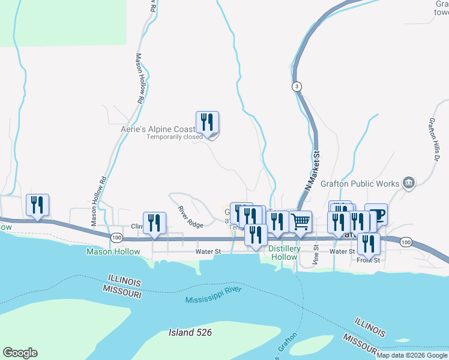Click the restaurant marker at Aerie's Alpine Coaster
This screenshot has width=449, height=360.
tap(207, 122)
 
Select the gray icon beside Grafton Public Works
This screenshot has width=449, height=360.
tap(409, 182)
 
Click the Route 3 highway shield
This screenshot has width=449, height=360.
tap(297, 87)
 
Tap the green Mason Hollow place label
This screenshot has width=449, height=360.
tap(113, 252)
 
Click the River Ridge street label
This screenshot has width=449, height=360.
tap(190, 217)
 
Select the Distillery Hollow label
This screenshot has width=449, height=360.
tap(284, 253)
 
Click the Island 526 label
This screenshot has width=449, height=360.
tap(190, 332)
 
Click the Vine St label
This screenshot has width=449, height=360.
tap(316, 256)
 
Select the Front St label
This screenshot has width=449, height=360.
tap(368, 260)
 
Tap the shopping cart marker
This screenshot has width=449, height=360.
tap(301, 221)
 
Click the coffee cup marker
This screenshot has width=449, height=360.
tap(376, 215)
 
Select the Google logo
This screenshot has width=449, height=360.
tap(20, 353)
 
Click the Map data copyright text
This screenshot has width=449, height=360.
tap(412, 355)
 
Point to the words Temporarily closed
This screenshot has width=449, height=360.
tap(175, 137)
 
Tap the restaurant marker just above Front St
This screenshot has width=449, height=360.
tap(368, 244)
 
